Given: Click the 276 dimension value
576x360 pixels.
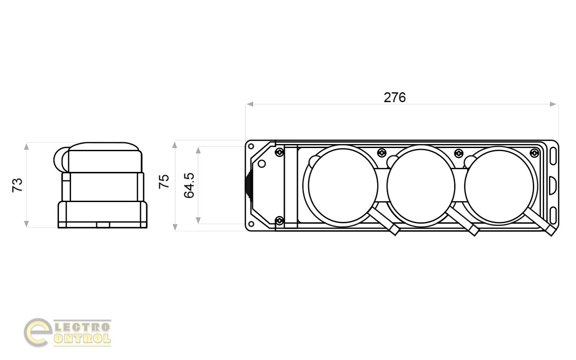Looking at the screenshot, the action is (x=395, y=98).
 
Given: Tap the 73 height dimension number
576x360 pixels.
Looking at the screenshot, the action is (x=18, y=185).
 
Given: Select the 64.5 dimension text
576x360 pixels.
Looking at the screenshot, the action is (x=189, y=185).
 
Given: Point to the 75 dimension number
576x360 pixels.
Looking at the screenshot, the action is (x=164, y=181).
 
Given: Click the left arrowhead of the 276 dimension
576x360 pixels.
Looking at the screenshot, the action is (x=250, y=104).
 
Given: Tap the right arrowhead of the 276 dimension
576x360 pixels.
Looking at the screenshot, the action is (x=553, y=104).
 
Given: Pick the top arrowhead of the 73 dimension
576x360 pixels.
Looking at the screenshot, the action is (x=26, y=147).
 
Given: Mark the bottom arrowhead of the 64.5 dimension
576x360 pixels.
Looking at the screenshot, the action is (x=198, y=220).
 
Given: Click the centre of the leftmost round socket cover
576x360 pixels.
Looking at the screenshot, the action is (x=342, y=186).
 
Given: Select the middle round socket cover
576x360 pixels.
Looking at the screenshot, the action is (x=421, y=186).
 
